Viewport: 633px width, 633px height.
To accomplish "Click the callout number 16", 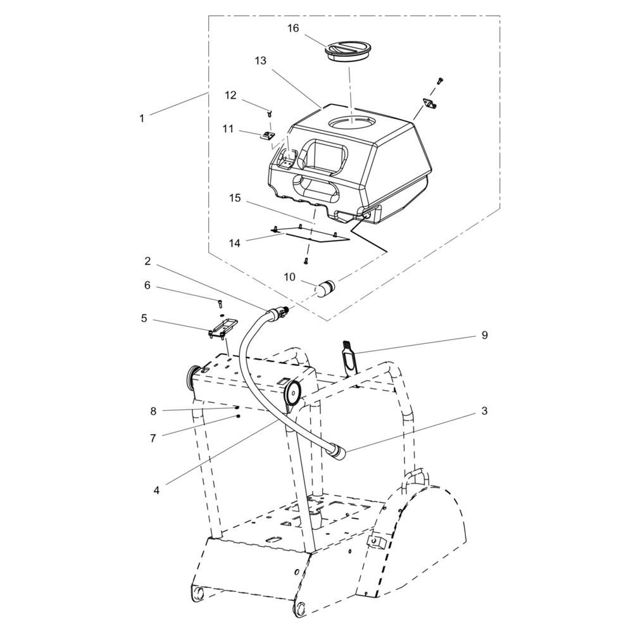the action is tap(293, 28).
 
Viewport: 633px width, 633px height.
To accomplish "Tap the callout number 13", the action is tap(261, 61).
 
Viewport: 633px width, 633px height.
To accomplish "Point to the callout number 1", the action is tap(142, 118).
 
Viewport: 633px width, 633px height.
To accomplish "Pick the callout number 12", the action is tap(230, 96).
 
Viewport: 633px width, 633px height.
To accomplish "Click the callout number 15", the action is tap(235, 198).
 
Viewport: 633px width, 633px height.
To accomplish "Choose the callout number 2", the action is tap(147, 261).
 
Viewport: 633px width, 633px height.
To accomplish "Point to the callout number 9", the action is tap(484, 335).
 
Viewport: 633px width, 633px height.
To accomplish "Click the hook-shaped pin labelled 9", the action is tap(348, 358).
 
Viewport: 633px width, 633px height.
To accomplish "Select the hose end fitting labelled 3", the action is tap(338, 454).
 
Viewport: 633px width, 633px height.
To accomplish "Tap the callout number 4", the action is tap(156, 490).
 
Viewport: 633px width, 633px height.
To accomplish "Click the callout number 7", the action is tap(153, 438).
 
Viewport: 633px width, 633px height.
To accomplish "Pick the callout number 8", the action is tap(153, 411).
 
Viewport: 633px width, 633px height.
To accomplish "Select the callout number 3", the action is tap(484, 411).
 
